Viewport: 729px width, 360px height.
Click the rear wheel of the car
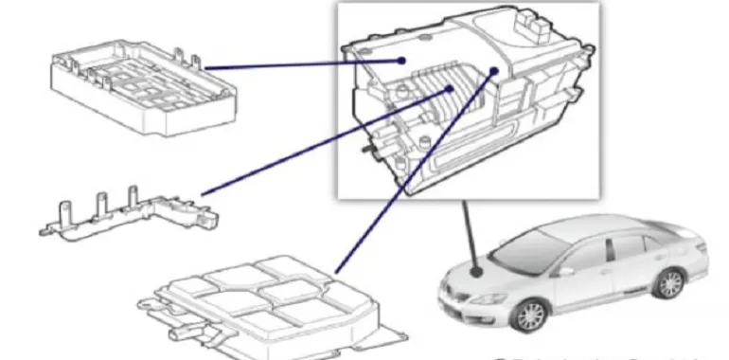click(670, 283)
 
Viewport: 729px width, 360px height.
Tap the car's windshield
click(530, 247)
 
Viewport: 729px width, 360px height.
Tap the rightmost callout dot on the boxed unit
click(494, 70)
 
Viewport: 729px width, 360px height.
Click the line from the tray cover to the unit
click(303, 63)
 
